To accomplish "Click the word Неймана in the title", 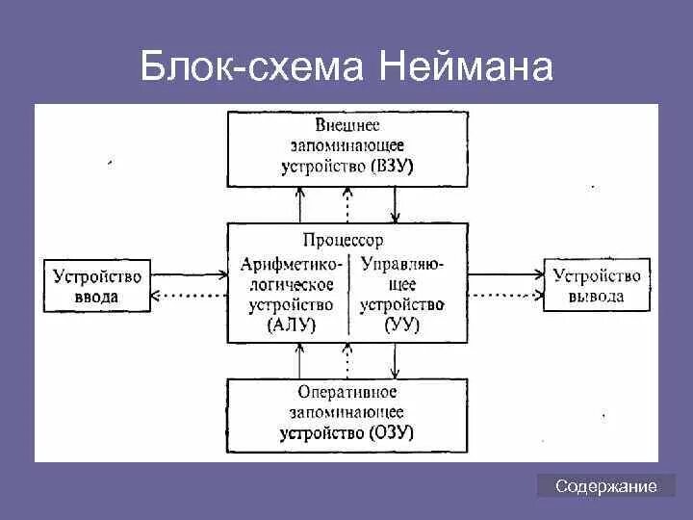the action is click(467, 67).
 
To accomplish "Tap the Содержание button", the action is click(606, 487).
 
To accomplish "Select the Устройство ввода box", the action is click(97, 285).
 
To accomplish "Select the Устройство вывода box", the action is click(597, 285).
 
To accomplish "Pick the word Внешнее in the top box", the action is click(347, 125).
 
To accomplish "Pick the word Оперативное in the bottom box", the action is click(347, 393).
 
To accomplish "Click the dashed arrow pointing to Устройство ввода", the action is click(188, 295).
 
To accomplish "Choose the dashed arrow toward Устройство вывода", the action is click(506, 295).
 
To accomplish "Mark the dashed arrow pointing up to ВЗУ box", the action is click(348, 204).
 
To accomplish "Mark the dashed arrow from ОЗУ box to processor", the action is click(348, 361).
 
